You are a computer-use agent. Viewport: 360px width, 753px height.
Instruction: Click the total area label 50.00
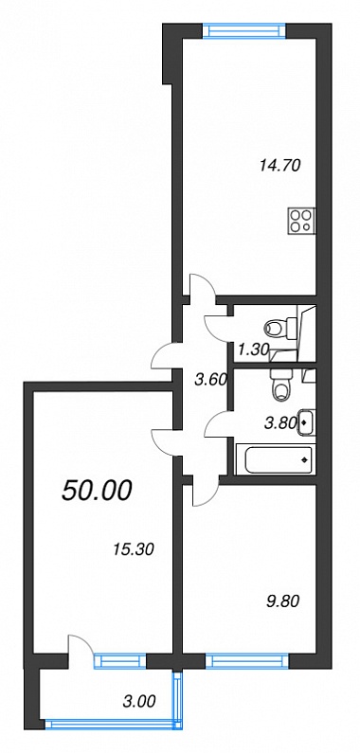(96, 491)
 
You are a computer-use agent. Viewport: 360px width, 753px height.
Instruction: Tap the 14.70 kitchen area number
(279, 166)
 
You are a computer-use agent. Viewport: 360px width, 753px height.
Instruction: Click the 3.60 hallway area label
(210, 380)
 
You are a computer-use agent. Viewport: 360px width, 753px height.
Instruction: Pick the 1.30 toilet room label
(252, 350)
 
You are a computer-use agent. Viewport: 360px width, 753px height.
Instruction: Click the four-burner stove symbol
(302, 221)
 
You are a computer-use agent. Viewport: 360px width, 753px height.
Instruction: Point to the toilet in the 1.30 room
(276, 329)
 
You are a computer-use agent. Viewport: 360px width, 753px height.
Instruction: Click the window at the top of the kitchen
(244, 30)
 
